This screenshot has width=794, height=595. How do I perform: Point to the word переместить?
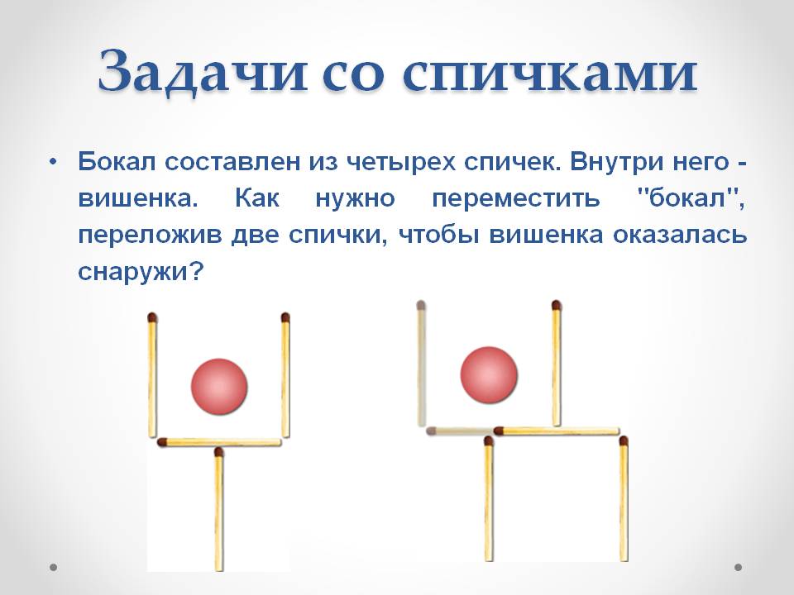click(x=516, y=198)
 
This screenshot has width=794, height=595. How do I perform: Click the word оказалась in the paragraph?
click(x=680, y=236)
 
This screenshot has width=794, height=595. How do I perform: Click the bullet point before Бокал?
click(x=53, y=163)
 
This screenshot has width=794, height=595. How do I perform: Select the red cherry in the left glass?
click(x=219, y=387)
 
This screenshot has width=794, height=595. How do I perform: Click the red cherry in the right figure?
click(x=489, y=375)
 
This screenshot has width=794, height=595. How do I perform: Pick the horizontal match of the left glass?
click(x=219, y=442)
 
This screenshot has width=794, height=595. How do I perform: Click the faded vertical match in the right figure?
click(x=421, y=364)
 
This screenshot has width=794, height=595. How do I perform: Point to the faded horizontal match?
click(x=462, y=431)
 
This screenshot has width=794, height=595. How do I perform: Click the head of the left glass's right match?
click(x=285, y=317)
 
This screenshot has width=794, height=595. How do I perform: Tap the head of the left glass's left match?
click(x=152, y=317)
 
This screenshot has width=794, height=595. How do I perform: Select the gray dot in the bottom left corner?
click(x=53, y=567)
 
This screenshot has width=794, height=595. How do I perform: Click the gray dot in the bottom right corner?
click(x=739, y=567)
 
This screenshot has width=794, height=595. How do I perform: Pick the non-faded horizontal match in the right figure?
click(x=557, y=431)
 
